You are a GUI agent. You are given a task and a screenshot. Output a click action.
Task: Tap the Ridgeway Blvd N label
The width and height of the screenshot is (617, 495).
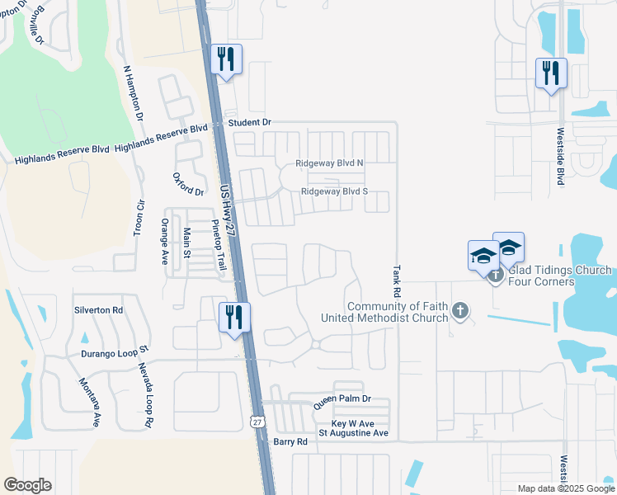[x=330, y=164]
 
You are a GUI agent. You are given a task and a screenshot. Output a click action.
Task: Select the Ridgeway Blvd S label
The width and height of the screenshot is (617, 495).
[x=334, y=191]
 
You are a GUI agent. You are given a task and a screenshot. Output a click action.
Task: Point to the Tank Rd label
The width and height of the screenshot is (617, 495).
[x=397, y=281]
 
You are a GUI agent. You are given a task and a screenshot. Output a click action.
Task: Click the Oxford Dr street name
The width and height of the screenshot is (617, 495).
[x=188, y=184]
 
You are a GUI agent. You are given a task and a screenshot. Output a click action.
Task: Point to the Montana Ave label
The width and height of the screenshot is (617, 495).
[x=89, y=401]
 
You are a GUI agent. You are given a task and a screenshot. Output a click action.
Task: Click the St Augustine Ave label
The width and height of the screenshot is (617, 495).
[x=353, y=433]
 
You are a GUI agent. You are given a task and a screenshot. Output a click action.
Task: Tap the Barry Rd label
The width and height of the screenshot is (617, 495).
[x=290, y=442]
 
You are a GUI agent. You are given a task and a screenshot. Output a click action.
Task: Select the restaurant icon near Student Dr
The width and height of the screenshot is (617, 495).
[x=226, y=59]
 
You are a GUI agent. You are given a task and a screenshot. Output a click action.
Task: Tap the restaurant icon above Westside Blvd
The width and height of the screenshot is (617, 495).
[x=551, y=73]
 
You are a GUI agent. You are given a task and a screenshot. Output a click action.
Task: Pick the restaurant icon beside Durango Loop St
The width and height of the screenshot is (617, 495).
[x=234, y=317]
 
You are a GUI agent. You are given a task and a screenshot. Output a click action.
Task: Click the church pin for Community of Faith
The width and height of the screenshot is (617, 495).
[x=460, y=311]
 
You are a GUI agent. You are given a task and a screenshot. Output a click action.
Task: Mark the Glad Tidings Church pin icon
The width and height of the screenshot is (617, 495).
[x=496, y=275]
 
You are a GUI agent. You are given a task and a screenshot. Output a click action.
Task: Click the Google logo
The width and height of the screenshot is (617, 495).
[x=27, y=485]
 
